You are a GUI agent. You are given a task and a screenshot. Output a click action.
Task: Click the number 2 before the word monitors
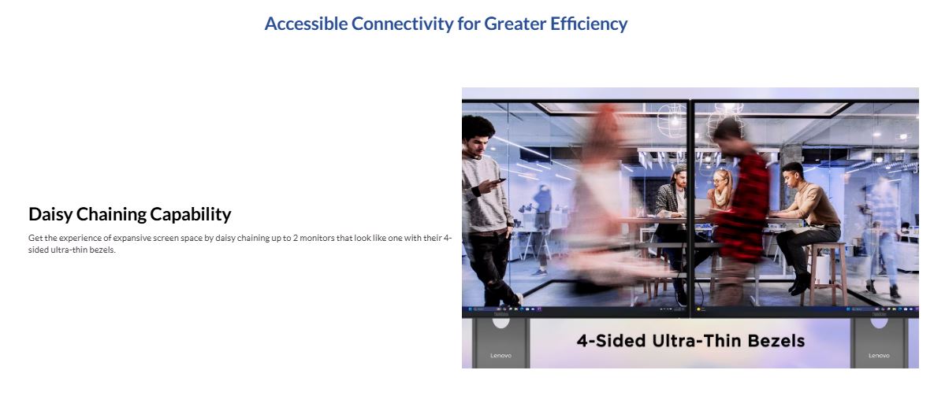(296, 239)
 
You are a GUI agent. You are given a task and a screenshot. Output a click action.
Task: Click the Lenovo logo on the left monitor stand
(500, 356)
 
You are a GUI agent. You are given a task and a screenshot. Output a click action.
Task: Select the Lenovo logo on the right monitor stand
(879, 356)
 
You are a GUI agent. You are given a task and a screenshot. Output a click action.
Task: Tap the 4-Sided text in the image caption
(611, 342)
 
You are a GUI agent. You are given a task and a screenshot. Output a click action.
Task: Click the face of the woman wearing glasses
(720, 181)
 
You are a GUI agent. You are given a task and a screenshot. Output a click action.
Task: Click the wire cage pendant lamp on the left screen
(674, 120)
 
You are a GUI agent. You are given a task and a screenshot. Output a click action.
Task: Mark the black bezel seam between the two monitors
(691, 208)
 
